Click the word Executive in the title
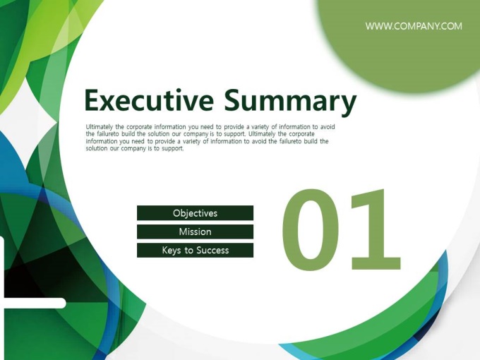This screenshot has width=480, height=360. pos(149,100)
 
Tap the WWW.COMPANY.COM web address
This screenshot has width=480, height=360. pos(414,26)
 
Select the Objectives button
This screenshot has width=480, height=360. pos(195,213)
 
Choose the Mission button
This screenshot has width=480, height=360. pos(195,232)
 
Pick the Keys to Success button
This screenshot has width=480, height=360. pos(195,250)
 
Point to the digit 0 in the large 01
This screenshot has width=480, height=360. pos(311,230)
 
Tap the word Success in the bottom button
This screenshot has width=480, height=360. pos(212,251)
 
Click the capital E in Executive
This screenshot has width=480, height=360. pos(92,100)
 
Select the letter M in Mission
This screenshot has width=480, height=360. pos(183,232)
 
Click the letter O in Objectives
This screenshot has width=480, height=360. pos(176,213)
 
